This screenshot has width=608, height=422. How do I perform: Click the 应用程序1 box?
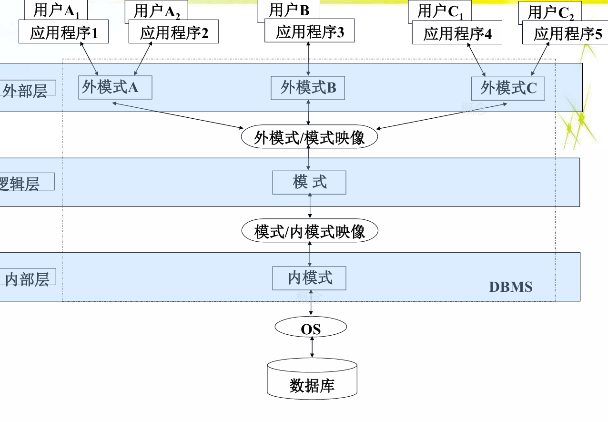63,32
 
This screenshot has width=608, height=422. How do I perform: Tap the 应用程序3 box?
310,31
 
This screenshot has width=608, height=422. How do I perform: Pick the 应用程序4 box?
457,33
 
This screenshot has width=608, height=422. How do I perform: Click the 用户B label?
289,10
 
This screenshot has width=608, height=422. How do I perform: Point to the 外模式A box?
115,88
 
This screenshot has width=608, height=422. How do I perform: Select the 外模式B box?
308,88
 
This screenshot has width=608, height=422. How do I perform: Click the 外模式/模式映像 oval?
309,137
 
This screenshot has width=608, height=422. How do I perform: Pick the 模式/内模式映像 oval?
310,232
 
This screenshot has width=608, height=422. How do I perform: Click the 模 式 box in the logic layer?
309,182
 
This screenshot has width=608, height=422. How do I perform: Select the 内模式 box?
309,278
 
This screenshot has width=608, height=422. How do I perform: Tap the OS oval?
311,328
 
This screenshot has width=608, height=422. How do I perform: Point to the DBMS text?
510,287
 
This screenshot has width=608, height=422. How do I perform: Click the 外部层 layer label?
26,89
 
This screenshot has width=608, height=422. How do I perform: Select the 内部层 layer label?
28,278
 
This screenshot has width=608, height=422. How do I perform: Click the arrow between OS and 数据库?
312,347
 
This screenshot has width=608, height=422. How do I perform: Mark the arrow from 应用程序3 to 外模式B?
309,59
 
